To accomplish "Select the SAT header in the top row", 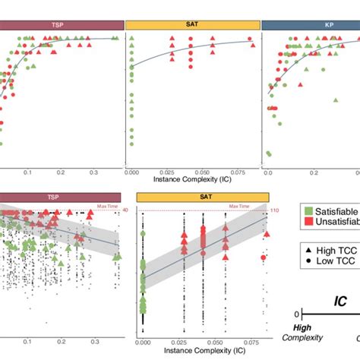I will (x=191, y=25).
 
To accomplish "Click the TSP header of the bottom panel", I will (x=53, y=197).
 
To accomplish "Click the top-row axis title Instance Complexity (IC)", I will (x=191, y=182).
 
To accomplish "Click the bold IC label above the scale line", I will (x=340, y=302).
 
